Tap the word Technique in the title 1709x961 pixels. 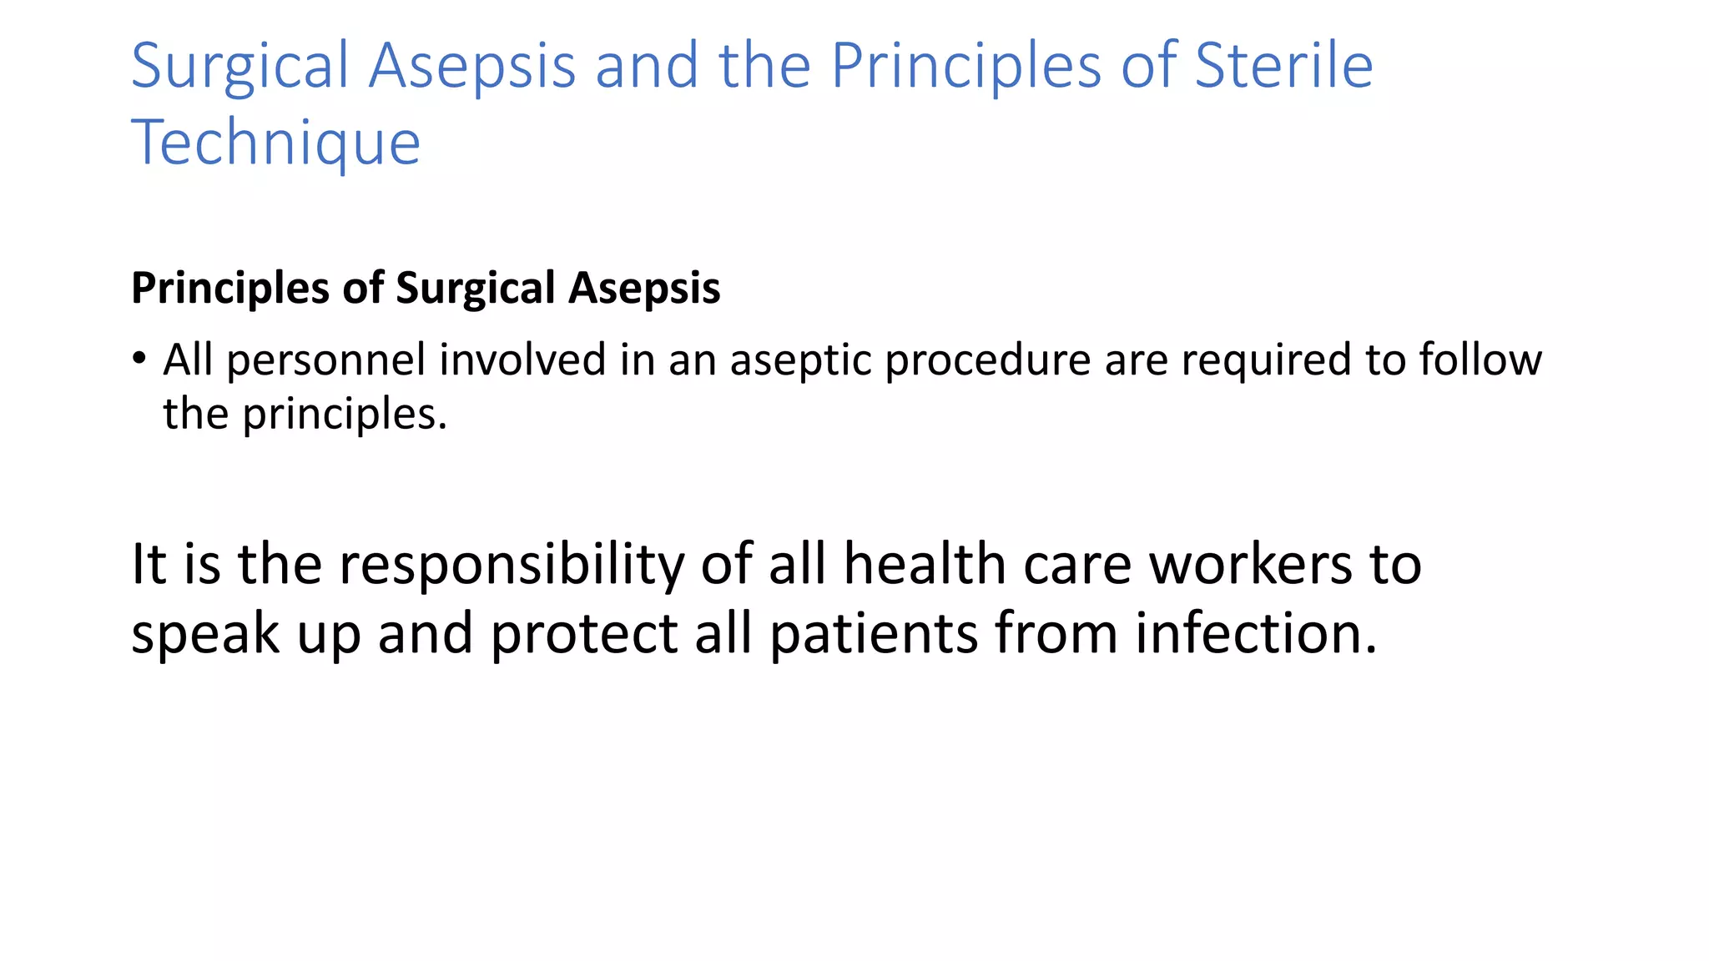pyautogui.click(x=275, y=143)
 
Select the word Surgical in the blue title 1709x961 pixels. pyautogui.click(x=239, y=67)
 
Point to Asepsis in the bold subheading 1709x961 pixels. pyautogui.click(x=644, y=289)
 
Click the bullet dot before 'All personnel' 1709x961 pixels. pyautogui.click(x=139, y=359)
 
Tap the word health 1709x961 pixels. pyautogui.click(x=924, y=564)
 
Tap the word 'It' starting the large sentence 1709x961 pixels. pyautogui.click(x=149, y=564)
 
